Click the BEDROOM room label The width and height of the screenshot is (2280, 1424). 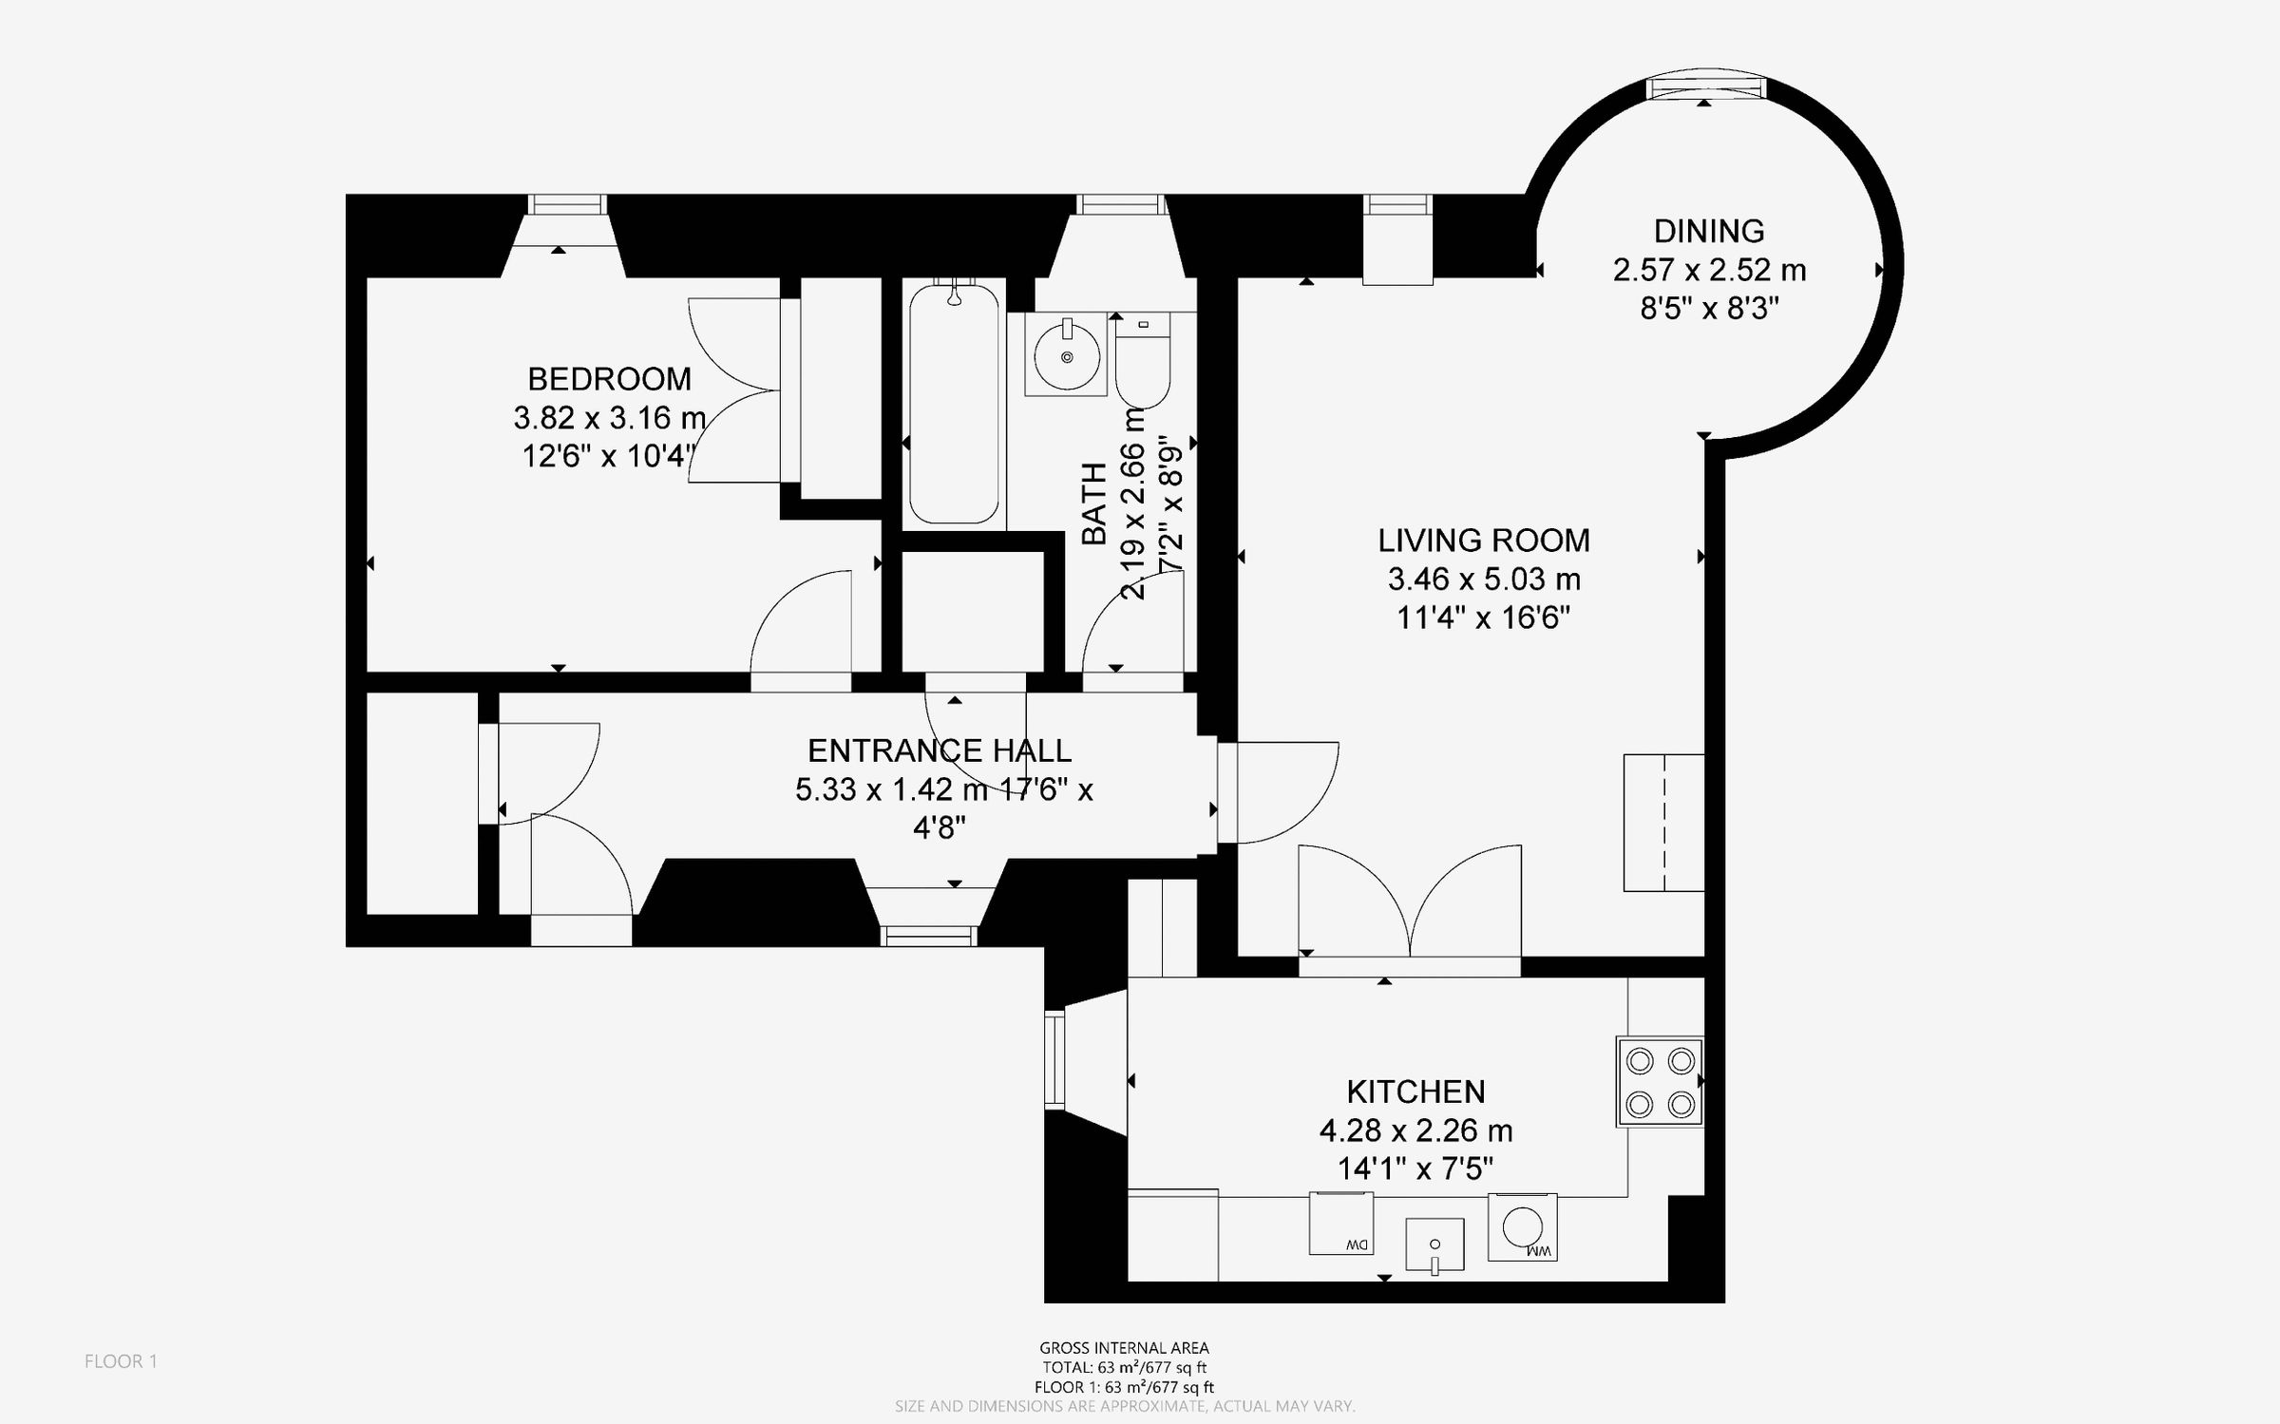click(609, 379)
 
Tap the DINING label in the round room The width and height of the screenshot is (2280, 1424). click(1708, 231)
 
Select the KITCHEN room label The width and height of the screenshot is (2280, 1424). click(1415, 1091)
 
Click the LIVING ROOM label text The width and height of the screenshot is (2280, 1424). click(1483, 540)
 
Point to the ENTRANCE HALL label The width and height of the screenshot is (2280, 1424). click(939, 750)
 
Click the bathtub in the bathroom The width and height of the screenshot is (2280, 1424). click(954, 404)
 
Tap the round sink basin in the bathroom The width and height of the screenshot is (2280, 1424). click(1066, 356)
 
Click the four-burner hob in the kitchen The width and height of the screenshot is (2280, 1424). click(1660, 1082)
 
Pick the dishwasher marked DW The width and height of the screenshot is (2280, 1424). click(1341, 1224)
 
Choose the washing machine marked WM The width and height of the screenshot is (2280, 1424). click(1522, 1226)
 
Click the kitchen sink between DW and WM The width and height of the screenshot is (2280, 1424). click(1434, 1244)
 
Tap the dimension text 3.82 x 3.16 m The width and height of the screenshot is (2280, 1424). click(609, 417)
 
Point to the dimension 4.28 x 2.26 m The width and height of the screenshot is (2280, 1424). click(1415, 1130)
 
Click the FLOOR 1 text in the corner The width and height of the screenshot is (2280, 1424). click(121, 1361)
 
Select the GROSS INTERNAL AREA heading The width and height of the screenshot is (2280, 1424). click(1124, 1347)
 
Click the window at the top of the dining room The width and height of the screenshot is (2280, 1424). click(1706, 87)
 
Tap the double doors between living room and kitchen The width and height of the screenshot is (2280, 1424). click(1410, 902)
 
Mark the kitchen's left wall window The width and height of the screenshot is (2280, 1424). click(1054, 1059)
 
